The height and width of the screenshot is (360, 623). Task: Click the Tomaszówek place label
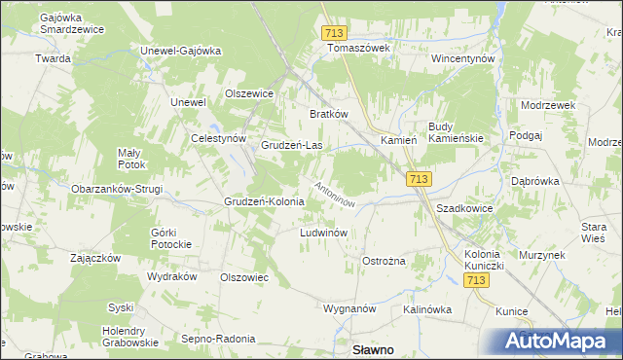pos(358,47)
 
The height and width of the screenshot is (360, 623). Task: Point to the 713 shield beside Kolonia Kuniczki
pos(476,280)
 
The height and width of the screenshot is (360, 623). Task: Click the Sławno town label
pos(371,350)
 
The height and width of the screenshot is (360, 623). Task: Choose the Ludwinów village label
pos(324,234)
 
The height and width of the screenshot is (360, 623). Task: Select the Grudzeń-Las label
pos(292,146)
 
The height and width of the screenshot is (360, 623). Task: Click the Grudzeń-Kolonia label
pos(264,202)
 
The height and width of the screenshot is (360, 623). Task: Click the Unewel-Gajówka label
pos(182,51)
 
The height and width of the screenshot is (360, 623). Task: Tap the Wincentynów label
pos(463,58)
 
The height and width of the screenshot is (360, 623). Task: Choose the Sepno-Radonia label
pos(219,339)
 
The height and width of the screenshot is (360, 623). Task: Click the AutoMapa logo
pos(556,341)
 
